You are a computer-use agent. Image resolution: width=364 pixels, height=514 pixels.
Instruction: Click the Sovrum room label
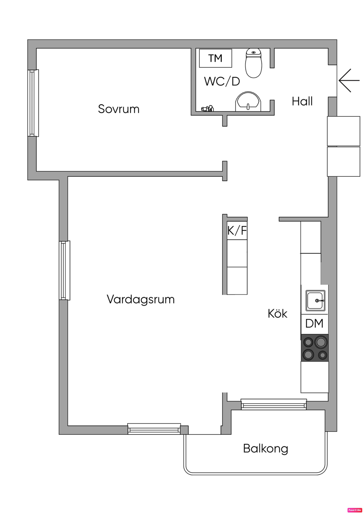[x=119, y=109]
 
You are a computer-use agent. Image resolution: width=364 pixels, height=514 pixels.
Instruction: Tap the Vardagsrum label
[x=141, y=300]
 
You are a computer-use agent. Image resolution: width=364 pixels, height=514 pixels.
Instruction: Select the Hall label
[x=302, y=101]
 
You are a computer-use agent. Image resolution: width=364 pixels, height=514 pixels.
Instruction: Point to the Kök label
[x=277, y=313]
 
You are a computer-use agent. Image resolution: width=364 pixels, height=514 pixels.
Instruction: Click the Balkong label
[x=266, y=449]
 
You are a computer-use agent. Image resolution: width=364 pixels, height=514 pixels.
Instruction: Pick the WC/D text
[x=222, y=81]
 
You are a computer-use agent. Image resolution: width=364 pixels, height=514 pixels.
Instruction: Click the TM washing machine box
[x=215, y=58]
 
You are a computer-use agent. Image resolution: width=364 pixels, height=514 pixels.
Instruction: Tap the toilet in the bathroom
[x=253, y=63]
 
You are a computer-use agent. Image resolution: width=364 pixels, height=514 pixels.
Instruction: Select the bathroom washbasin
[x=248, y=102]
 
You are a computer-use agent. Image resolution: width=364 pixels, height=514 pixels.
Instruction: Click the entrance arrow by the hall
[x=349, y=80]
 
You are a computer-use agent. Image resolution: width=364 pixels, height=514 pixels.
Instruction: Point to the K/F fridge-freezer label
[x=237, y=231]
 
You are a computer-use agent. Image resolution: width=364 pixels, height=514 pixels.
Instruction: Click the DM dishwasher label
[x=314, y=323]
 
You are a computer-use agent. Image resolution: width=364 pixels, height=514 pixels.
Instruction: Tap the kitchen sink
[x=315, y=300]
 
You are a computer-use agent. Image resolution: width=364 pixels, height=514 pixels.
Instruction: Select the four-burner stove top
[x=315, y=348]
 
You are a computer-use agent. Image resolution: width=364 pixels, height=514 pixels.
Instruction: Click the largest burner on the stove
[x=321, y=342]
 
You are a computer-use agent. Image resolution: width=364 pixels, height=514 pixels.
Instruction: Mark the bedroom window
[x=33, y=103]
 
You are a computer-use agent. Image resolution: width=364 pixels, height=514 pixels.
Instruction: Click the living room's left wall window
[x=65, y=270]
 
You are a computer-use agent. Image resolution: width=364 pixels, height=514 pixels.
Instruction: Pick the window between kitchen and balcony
[x=274, y=404]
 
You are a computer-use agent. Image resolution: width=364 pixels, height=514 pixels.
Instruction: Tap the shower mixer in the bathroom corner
[x=208, y=108]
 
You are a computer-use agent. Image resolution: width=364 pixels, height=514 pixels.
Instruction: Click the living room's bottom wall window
[x=154, y=429]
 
